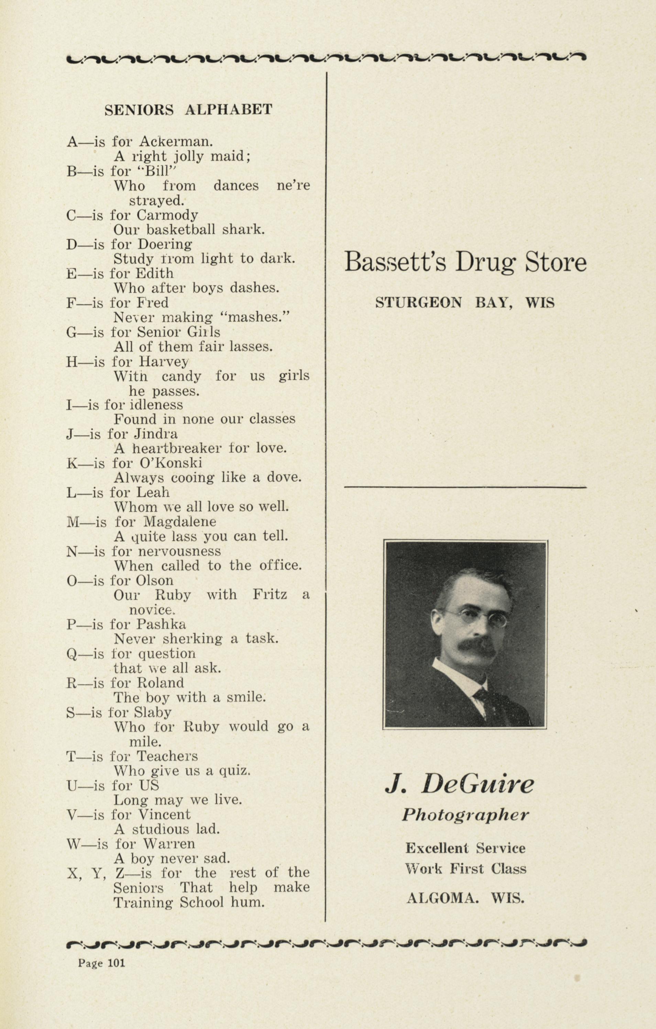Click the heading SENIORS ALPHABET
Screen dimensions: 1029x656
pyautogui.click(x=188, y=110)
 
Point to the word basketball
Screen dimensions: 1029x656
pyautogui.click(x=181, y=230)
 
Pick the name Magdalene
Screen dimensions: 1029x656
pyautogui.click(x=180, y=522)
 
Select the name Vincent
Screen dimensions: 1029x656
pyautogui.click(x=164, y=814)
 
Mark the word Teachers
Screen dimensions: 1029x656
pyautogui.click(x=167, y=756)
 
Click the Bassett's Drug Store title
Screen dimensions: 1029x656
pyautogui.click(x=465, y=261)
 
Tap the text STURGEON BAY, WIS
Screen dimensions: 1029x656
pyautogui.click(x=465, y=303)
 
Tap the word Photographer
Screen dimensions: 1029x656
pyautogui.click(x=465, y=815)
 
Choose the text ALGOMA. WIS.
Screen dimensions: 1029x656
pyautogui.click(x=465, y=898)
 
